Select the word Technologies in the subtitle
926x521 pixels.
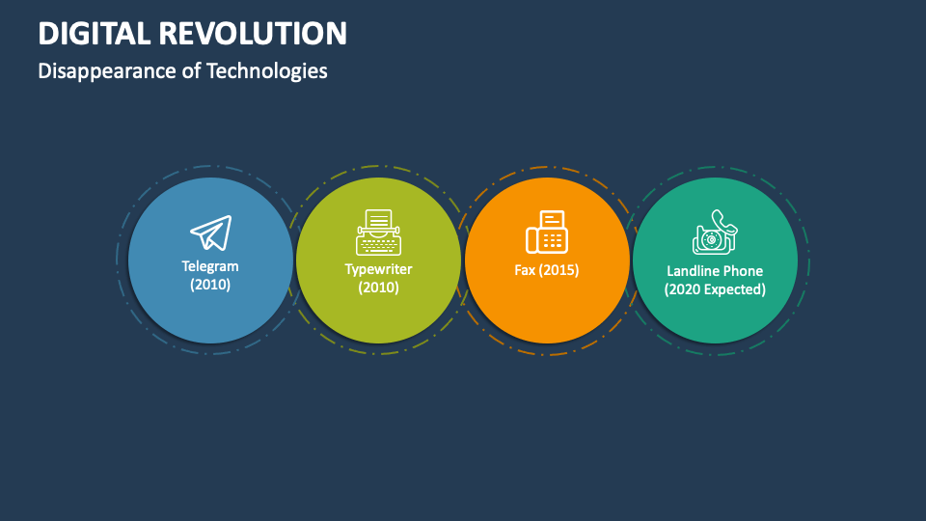pyautogui.click(x=266, y=71)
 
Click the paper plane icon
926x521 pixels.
pyautogui.click(x=210, y=233)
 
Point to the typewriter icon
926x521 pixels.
pyautogui.click(x=378, y=233)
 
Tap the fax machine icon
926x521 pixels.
pyautogui.click(x=547, y=233)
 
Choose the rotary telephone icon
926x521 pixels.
pyautogui.click(x=715, y=233)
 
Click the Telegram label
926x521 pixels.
pyautogui.click(x=210, y=266)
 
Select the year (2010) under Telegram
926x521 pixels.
pyautogui.click(x=210, y=285)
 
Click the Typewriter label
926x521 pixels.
pyautogui.click(x=378, y=269)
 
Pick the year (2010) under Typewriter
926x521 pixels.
pyautogui.click(x=378, y=288)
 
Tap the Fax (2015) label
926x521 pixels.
pyautogui.click(x=547, y=270)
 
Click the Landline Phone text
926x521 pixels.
pyautogui.click(x=715, y=271)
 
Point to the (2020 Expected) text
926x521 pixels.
pyautogui.click(x=715, y=289)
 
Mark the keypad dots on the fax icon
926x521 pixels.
pyautogui.click(x=553, y=239)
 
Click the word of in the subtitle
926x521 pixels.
pyautogui.click(x=191, y=71)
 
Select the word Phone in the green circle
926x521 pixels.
pyautogui.click(x=744, y=271)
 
